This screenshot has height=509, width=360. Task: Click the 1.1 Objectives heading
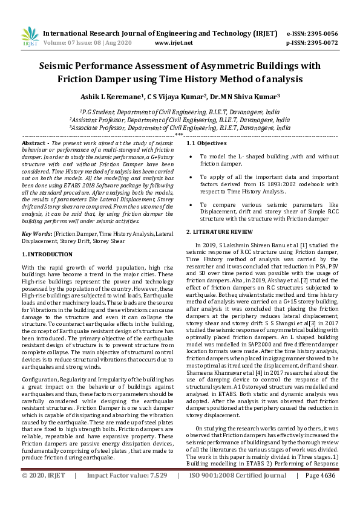pyautogui.click(x=206, y=143)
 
